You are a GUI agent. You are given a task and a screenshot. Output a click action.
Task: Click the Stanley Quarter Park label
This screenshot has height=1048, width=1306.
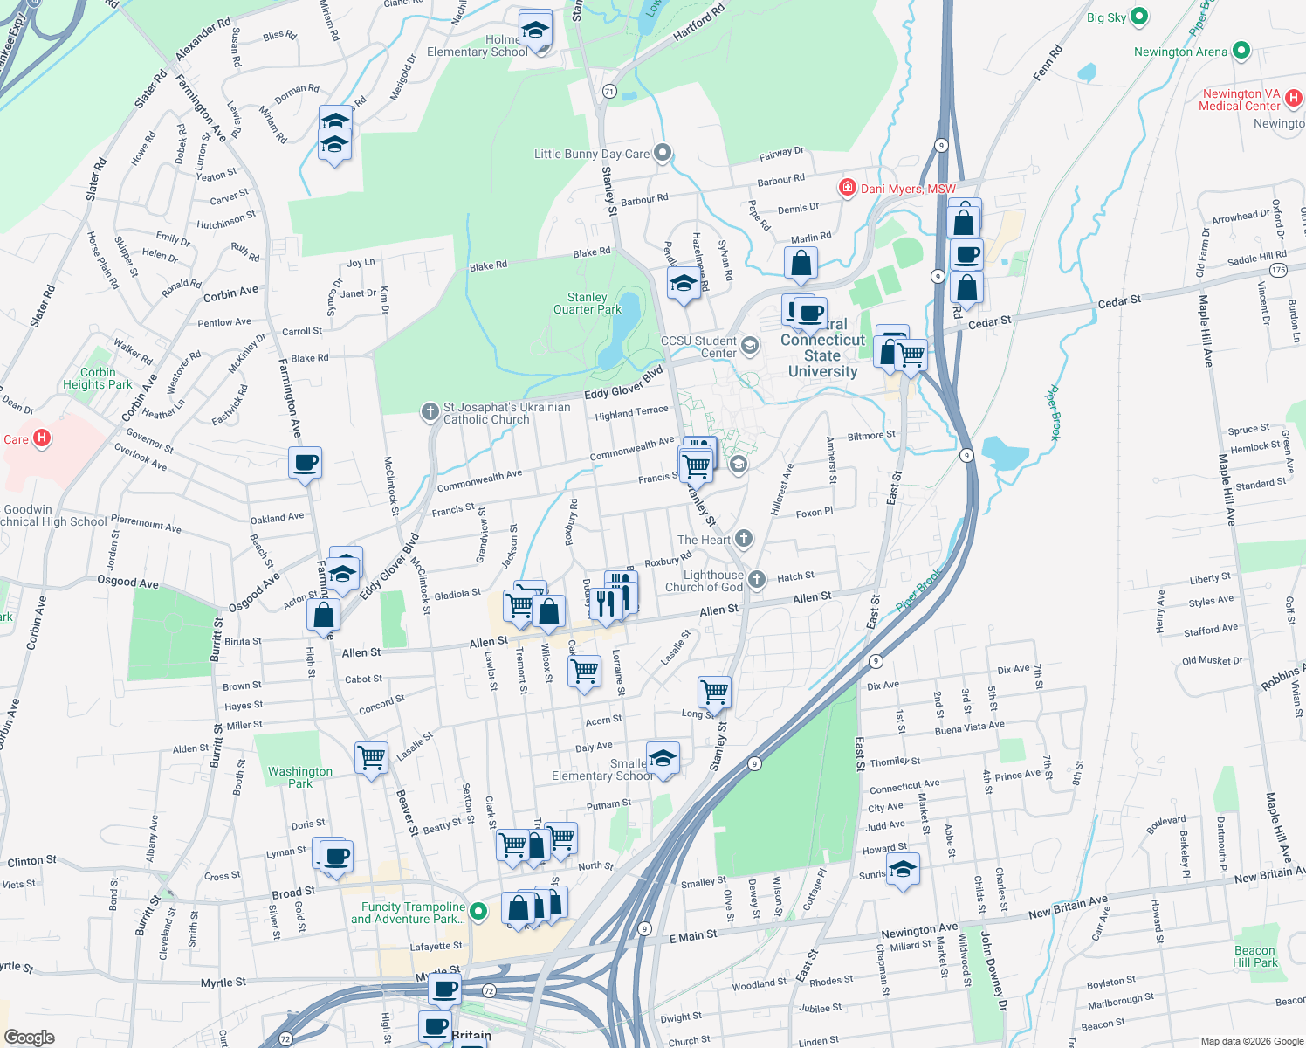click(587, 303)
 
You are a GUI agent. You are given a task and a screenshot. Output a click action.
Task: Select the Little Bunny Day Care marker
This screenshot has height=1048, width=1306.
click(663, 154)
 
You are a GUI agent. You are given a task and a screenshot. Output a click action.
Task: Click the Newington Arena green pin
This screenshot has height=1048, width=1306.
click(1242, 52)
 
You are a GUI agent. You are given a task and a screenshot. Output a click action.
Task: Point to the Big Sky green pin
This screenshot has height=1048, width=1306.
click(1139, 17)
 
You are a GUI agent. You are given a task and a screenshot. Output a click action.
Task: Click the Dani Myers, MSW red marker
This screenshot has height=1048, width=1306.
click(847, 188)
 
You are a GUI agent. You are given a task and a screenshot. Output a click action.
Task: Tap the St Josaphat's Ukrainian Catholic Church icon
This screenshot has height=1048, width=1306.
click(430, 411)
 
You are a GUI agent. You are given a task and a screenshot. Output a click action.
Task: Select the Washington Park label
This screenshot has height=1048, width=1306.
click(299, 777)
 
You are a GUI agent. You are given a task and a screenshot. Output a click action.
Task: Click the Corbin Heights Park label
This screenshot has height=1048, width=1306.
click(97, 378)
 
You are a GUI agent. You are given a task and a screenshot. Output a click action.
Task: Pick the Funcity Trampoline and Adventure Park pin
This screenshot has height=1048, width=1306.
click(478, 912)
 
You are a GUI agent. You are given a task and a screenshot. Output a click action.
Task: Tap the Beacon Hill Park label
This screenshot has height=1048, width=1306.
click(1254, 956)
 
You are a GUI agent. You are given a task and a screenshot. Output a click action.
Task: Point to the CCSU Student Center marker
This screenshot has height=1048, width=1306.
click(749, 347)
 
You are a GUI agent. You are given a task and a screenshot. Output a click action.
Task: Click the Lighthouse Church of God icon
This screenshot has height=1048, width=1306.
click(757, 579)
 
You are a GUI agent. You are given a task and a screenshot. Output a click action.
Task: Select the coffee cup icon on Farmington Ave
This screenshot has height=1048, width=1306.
click(306, 462)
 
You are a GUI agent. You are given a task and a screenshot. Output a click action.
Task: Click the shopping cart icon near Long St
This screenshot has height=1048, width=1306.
click(714, 692)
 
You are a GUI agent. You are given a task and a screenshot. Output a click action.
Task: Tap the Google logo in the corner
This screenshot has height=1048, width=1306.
click(30, 1037)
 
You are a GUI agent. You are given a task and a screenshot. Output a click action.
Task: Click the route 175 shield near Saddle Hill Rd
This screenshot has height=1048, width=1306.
click(1279, 270)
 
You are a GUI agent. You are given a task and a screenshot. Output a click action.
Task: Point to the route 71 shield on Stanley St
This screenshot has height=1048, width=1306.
click(609, 91)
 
